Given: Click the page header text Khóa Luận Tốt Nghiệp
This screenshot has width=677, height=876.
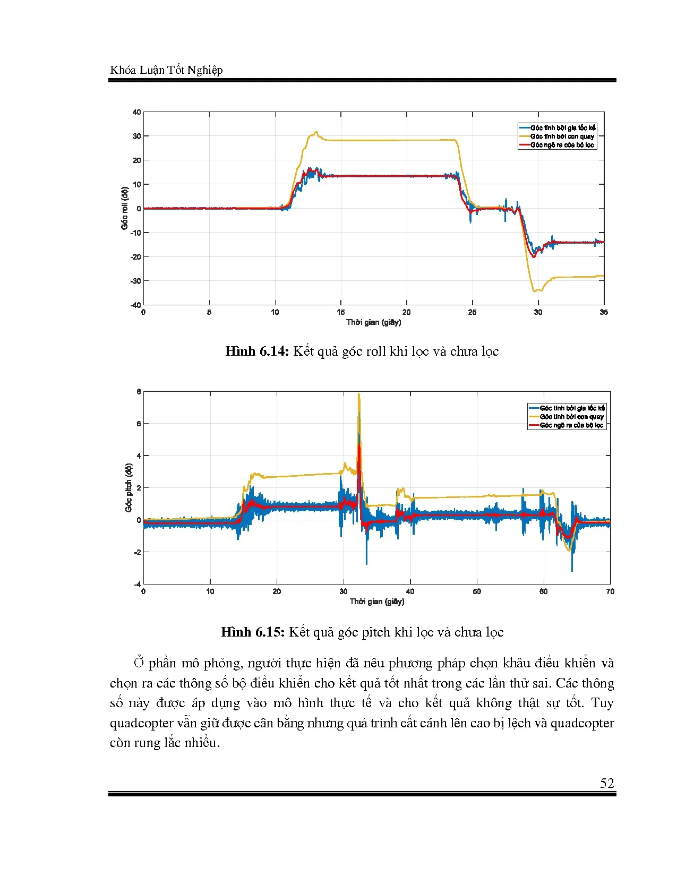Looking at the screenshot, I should (x=166, y=70).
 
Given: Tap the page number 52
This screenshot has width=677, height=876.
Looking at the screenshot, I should (x=607, y=783).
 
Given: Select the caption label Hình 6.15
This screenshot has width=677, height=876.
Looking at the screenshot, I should (x=253, y=632).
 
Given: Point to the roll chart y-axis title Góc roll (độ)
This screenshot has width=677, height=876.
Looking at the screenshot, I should (x=125, y=208).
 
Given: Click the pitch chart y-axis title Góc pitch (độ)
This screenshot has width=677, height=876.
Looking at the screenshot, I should (x=128, y=488).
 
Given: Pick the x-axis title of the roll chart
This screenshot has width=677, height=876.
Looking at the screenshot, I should (x=373, y=322).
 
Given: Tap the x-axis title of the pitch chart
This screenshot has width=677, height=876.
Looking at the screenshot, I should (x=376, y=602).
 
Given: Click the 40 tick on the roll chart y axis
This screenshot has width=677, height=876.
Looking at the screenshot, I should (x=136, y=112).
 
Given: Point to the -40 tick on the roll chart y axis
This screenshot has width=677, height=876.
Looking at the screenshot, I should (x=135, y=305).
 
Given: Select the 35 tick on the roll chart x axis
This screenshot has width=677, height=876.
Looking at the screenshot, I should (x=604, y=312).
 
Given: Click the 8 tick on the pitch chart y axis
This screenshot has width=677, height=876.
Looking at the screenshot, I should (x=139, y=392).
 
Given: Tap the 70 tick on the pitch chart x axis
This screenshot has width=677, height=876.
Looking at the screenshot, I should (x=610, y=591).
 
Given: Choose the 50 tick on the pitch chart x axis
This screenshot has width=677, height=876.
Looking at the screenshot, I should (x=477, y=591).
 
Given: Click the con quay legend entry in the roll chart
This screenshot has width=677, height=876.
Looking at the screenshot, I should (x=562, y=136).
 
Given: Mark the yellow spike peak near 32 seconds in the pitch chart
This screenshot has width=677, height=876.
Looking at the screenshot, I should (x=359, y=394).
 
